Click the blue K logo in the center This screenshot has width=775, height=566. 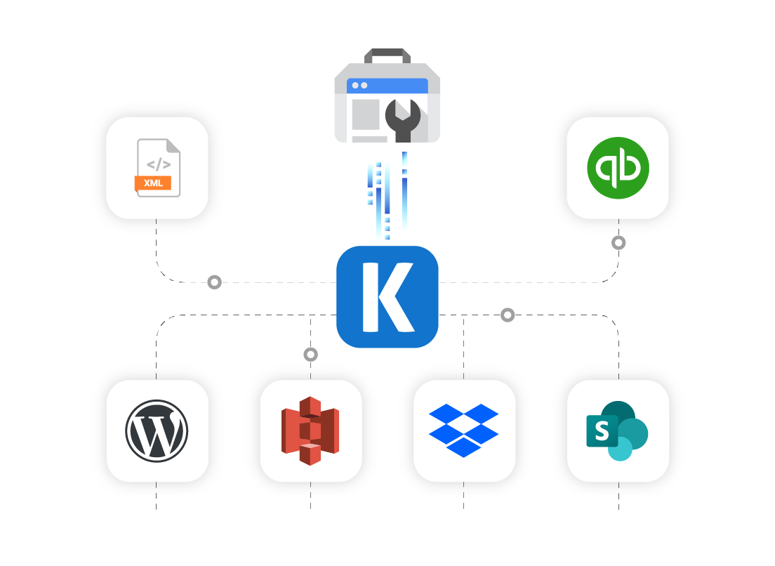coord(387,296)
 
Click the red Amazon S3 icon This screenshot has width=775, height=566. coord(310,430)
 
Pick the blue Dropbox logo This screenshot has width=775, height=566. coord(463,429)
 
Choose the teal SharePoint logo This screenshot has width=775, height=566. coord(618,430)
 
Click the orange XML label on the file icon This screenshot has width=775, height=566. coord(153,183)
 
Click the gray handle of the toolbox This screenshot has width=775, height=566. coord(387,55)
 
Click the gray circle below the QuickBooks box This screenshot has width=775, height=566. coord(618,243)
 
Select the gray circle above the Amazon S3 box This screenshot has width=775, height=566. coord(310,355)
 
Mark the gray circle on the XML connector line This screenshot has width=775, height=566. coord(214,282)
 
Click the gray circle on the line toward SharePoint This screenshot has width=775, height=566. coord(508,315)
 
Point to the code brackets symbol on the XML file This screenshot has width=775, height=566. coord(158,165)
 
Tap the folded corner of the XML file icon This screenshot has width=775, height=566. coord(172,145)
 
